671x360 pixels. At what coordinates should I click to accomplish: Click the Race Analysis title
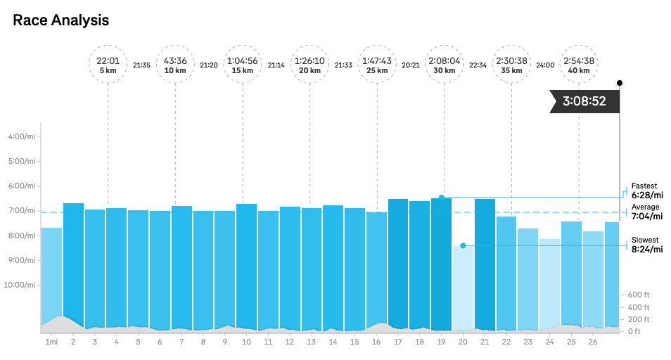pos(61,20)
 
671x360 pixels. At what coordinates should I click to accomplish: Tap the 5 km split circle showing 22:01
pos(108,65)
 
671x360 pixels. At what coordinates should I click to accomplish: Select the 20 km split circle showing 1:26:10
pos(309,65)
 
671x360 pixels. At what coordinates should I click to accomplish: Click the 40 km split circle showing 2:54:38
pos(579,65)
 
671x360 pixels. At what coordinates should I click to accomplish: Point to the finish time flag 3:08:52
pos(584,101)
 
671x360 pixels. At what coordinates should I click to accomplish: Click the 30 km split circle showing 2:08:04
pos(445,65)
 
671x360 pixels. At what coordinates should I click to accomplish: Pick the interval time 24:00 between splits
pos(545,65)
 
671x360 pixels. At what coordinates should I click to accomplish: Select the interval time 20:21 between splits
pos(411,65)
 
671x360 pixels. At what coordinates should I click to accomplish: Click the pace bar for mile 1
pos(51,278)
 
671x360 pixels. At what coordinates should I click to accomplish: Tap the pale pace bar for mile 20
pos(463,288)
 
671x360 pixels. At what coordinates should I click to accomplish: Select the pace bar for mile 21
pos(485,264)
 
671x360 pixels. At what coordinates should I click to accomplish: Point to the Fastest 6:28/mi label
pos(646,191)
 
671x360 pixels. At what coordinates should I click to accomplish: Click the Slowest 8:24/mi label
pos(646,244)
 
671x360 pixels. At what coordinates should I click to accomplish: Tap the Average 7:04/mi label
pos(646,212)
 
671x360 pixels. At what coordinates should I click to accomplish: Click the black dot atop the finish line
pos(620,83)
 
